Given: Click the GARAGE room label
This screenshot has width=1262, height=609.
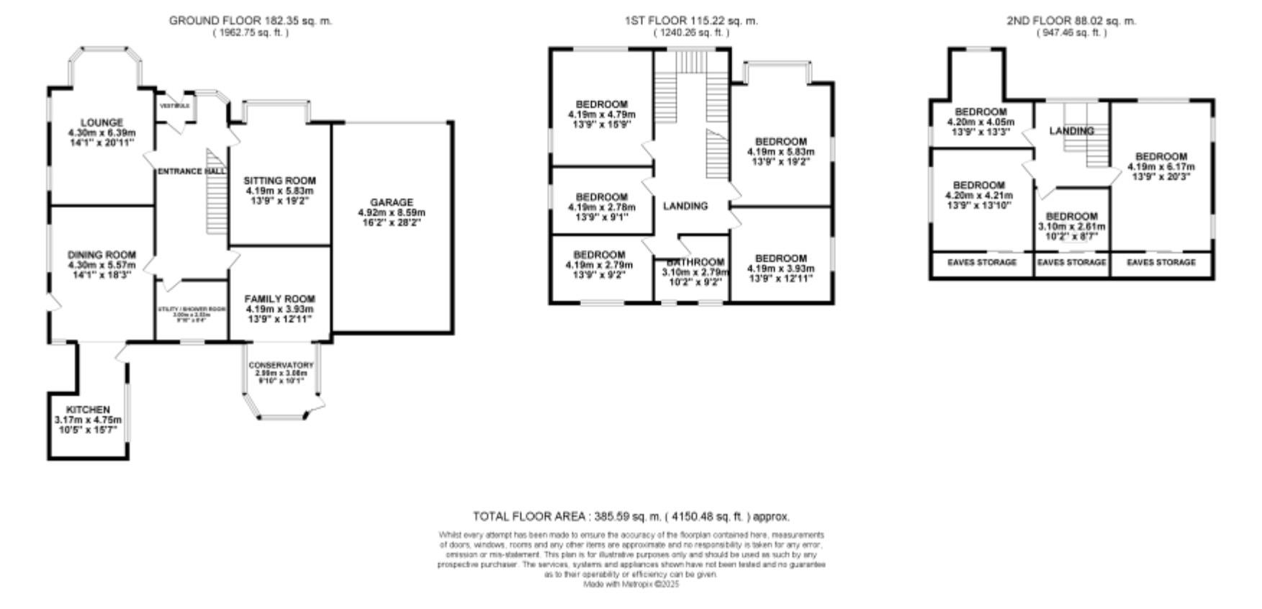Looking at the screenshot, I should point(392,202).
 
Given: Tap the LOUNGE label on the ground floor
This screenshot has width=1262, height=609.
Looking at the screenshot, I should point(102,123).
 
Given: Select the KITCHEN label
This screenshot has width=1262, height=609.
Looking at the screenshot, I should point(88,410).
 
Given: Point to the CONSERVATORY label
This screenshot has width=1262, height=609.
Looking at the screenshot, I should point(281,366).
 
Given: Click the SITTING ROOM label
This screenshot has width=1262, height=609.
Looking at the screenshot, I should point(279,181).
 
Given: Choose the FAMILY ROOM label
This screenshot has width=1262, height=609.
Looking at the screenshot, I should point(279,299).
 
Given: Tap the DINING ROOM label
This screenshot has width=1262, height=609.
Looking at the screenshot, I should point(102,255).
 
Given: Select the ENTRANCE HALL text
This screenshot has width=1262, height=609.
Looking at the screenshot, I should point(191,171).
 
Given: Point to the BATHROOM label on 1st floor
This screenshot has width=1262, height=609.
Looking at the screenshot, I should point(695,262).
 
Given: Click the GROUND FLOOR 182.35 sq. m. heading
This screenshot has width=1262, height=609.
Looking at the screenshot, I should point(251,21).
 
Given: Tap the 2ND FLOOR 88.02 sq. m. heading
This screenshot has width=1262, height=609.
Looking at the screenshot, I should point(1071,21).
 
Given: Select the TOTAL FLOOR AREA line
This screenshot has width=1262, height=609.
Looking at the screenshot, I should point(631,516).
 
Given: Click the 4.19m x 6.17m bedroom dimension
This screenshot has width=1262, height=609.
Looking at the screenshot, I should point(1160,166).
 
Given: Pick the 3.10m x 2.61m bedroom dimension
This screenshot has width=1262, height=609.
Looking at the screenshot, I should point(1071,226).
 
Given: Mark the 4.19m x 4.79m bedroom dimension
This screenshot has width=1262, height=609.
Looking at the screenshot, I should point(601,114).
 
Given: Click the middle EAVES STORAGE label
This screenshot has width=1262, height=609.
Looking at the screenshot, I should point(1071,262).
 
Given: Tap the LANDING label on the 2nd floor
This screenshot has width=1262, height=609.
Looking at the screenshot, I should point(1071,131).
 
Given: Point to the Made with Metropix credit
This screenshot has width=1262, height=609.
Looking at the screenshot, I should point(631,585).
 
